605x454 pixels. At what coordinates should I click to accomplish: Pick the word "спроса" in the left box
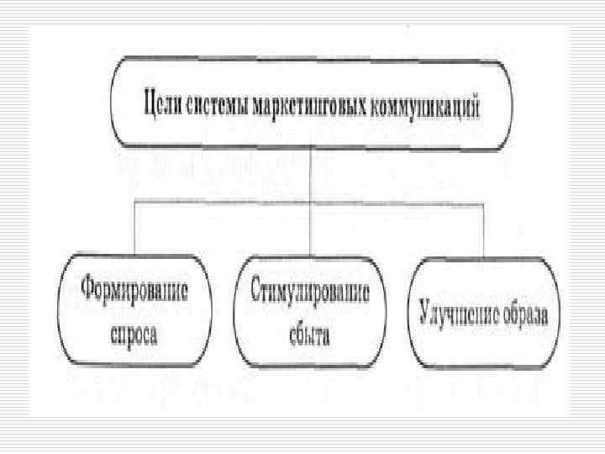(x=134, y=330)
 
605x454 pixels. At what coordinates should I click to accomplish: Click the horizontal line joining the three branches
(x=227, y=201)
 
